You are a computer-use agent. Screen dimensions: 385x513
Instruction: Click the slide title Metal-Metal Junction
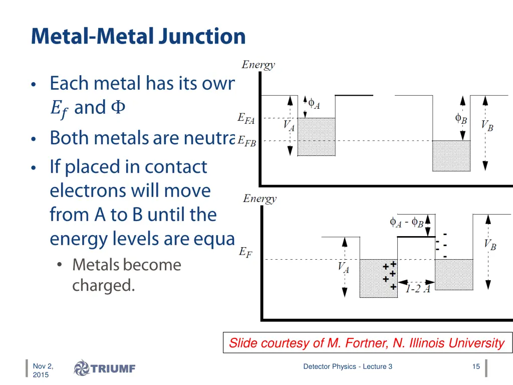coord(138,37)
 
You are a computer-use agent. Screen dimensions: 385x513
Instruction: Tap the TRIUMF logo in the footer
coord(105,368)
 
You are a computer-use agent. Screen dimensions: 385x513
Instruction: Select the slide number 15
coord(476,366)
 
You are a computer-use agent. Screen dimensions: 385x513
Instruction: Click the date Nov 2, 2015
coord(43,370)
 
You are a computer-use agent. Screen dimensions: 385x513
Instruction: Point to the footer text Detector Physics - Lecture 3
coord(348,366)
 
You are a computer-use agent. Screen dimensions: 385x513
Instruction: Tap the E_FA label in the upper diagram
coord(246,119)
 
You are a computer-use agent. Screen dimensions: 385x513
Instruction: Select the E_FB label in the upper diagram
coord(246,142)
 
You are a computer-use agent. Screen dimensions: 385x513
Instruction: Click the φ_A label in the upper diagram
coord(314,104)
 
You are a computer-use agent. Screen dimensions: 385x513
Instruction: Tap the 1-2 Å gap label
coord(417,289)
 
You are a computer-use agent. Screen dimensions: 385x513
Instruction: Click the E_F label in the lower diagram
coord(245,252)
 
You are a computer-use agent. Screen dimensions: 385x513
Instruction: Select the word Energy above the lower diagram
coord(260,199)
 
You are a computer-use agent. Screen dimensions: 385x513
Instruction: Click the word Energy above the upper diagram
coord(258,65)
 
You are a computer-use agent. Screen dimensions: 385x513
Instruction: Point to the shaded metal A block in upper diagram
coord(316,137)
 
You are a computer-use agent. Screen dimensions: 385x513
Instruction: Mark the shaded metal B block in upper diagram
coord(451,156)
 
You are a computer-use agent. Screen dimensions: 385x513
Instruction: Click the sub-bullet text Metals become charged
coord(126,275)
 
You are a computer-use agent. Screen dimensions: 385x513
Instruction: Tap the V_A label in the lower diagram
coord(343,268)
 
